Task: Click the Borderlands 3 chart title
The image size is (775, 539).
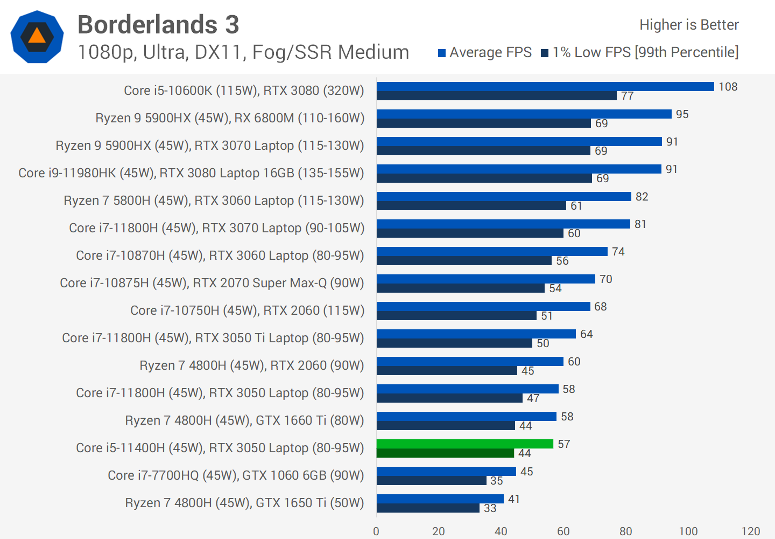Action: click(158, 25)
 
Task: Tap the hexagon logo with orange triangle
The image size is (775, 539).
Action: click(37, 37)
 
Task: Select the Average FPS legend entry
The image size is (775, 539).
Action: click(485, 52)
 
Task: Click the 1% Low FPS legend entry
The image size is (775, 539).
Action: click(640, 52)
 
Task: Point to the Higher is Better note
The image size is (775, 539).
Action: click(689, 25)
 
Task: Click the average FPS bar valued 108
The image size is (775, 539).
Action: click(545, 86)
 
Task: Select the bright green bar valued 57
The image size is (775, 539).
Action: click(464, 444)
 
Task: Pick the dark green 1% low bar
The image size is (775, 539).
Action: click(445, 453)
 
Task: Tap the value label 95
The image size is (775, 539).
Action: click(682, 114)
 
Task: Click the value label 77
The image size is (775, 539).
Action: click(628, 96)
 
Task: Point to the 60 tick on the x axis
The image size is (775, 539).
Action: click(563, 531)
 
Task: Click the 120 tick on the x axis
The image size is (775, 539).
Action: click(750, 531)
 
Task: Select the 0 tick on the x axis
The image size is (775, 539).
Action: click(376, 531)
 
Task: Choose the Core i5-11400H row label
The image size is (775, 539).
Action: click(220, 448)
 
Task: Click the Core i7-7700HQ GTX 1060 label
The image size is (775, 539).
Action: click(236, 475)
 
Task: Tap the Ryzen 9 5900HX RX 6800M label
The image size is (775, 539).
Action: click(230, 118)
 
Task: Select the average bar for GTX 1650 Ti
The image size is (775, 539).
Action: click(440, 499)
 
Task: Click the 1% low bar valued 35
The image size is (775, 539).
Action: click(431, 481)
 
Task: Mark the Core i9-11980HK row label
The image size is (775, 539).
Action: click(191, 173)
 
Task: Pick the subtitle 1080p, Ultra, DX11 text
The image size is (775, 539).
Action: click(243, 52)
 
